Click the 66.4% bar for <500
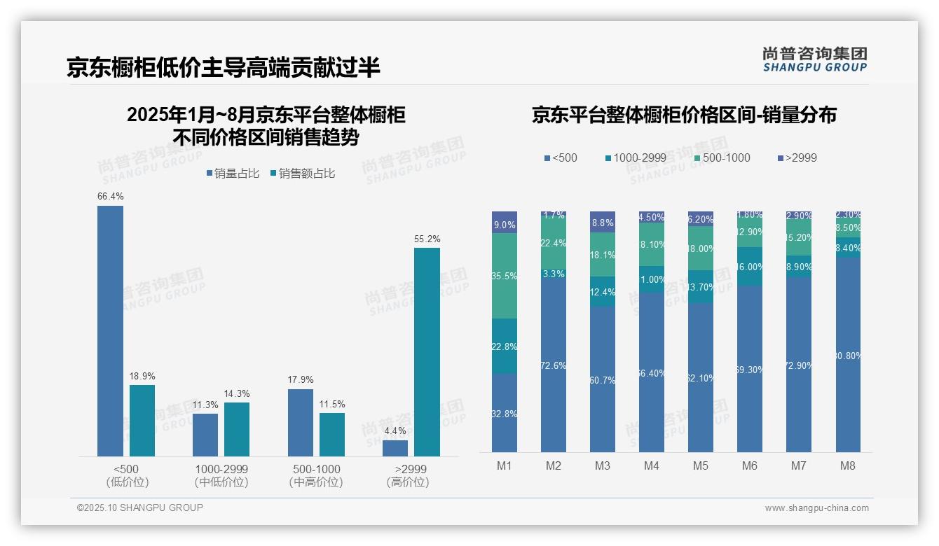[110, 330]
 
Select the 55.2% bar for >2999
[427, 352]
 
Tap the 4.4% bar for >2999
[395, 448]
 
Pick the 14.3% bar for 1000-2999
[237, 429]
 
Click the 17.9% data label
[301, 380]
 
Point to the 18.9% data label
[142, 376]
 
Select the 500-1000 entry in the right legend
[722, 158]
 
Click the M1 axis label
[505, 465]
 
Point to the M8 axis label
[848, 465]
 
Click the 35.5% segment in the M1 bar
[505, 276]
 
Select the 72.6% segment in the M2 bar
[554, 365]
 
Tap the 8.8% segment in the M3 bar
[603, 222]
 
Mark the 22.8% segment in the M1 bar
[505, 346]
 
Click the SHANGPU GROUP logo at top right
[814, 59]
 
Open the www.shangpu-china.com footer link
[816, 508]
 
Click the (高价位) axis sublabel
[407, 482]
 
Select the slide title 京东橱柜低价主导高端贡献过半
[224, 67]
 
